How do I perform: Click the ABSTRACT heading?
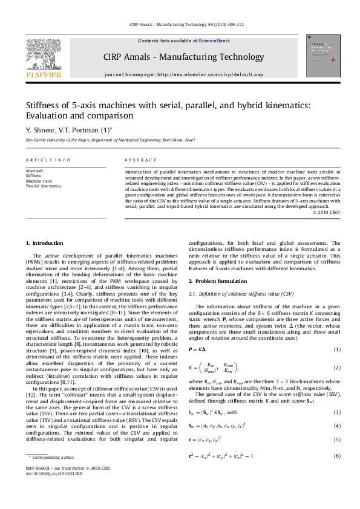pos(137,160)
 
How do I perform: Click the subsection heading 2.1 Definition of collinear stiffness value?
pos(240,294)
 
